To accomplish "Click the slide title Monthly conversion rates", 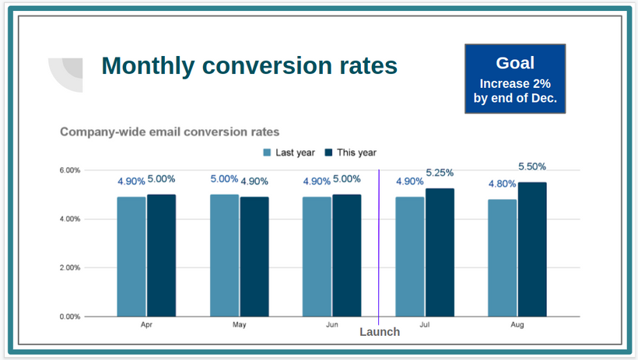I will coord(249,65).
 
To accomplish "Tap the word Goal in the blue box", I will coord(515,64).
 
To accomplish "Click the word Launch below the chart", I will coord(380,332).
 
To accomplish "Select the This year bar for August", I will coord(532,249).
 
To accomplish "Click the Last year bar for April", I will coord(131,257).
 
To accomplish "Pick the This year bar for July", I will coord(440,252).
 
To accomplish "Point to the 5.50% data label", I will coord(532,166).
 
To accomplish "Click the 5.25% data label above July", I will coord(440,173).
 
